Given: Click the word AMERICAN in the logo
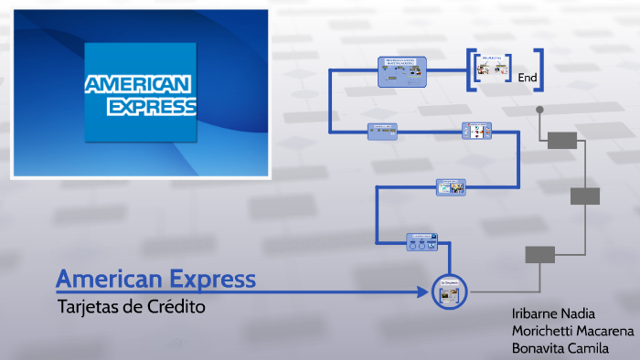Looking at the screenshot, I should point(139,85).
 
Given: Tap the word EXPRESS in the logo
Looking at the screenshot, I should point(152,108).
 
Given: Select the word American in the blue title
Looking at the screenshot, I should point(109,278).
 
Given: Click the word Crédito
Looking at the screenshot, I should point(176,307).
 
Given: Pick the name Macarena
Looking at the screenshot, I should point(610,331).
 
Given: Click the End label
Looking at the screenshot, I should point(527,79).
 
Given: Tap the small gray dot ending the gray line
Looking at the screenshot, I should point(539,111).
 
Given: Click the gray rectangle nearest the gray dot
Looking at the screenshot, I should point(561,140).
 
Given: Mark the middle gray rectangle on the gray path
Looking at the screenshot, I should point(585,196).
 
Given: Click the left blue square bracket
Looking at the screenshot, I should point(471,70).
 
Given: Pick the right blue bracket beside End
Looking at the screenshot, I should point(539,70).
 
